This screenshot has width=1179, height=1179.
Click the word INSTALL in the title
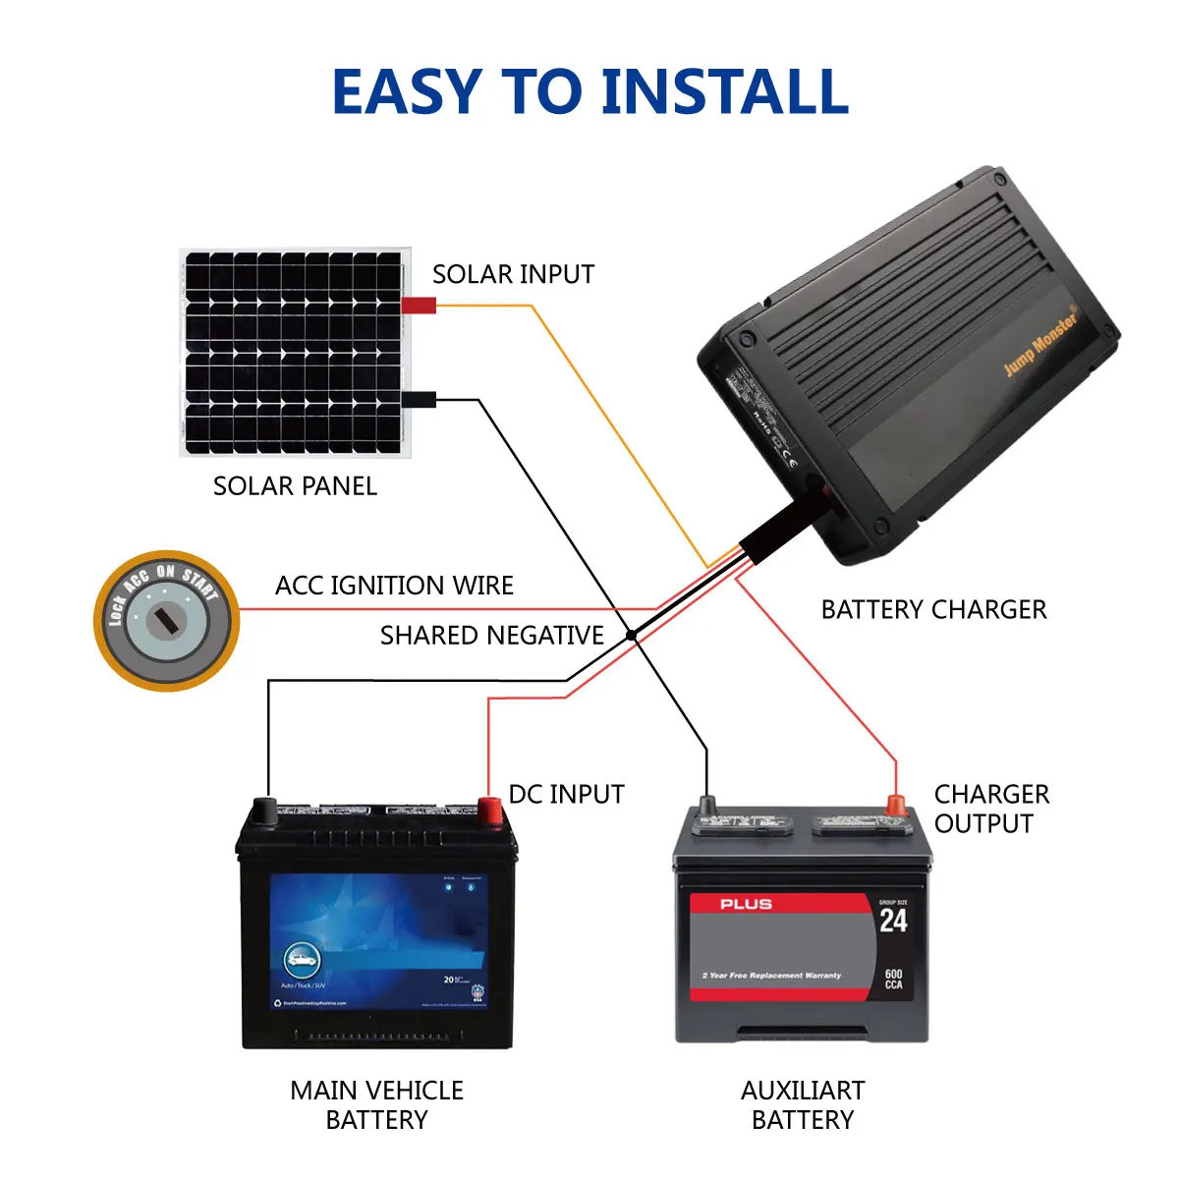pyautogui.click(x=724, y=92)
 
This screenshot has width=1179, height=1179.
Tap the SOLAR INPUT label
pyautogui.click(x=513, y=274)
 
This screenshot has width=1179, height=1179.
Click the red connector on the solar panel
pyautogui.click(x=419, y=306)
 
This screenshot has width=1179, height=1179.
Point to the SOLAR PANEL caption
pyautogui.click(x=295, y=486)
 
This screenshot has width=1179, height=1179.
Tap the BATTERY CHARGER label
pyautogui.click(x=933, y=610)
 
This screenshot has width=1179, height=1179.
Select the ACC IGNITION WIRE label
pyautogui.click(x=394, y=586)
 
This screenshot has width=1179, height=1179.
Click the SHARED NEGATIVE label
pyautogui.click(x=491, y=636)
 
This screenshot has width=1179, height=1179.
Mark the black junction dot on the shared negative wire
pyautogui.click(x=632, y=637)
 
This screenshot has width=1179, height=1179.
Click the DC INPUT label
pyautogui.click(x=566, y=794)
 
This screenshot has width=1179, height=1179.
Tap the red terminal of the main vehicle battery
pyautogui.click(x=489, y=810)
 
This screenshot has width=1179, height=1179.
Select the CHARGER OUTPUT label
pyautogui.click(x=990, y=809)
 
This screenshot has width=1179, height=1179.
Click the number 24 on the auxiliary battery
pyautogui.click(x=893, y=922)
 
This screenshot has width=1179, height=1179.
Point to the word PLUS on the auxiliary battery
pyautogui.click(x=746, y=904)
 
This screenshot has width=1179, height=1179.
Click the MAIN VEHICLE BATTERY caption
pyautogui.click(x=376, y=1105)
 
